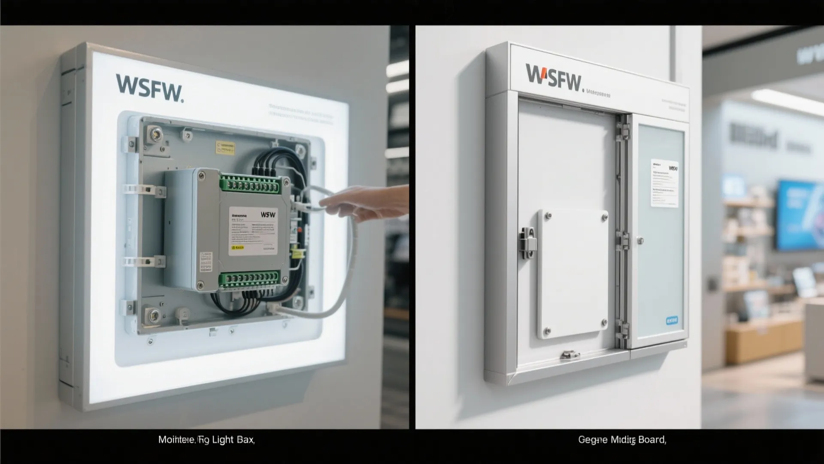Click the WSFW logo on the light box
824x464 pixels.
(149, 89)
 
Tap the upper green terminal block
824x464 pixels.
(249, 184)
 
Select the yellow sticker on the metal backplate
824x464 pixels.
(226, 148)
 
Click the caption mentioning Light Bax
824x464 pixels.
(206, 440)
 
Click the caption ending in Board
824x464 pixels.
(622, 440)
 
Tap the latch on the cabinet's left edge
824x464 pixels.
(528, 243)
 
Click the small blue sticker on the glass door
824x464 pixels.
(672, 321)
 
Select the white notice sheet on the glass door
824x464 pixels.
(664, 183)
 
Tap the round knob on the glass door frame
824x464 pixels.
(640, 241)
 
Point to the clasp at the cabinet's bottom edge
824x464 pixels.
(570, 354)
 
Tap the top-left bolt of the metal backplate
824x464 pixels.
(154, 134)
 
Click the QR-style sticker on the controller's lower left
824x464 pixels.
(206, 262)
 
